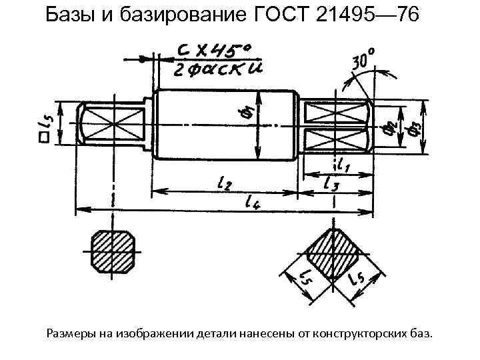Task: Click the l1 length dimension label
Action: (345, 163)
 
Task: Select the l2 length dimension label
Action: (223, 181)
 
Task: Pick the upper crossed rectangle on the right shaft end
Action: (335, 111)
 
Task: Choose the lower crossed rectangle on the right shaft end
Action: (335, 141)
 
